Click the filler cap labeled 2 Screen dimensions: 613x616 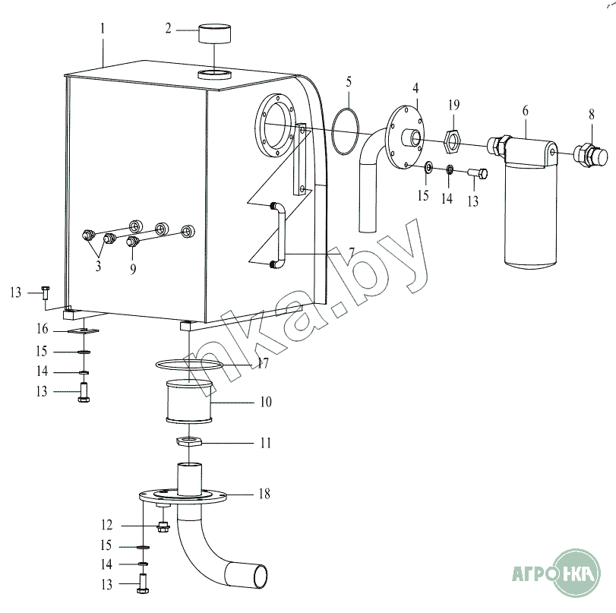[x=216, y=35]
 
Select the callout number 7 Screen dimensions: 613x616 [x=331, y=251]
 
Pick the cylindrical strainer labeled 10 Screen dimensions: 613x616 [x=185, y=403]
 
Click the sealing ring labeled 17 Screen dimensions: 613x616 [x=191, y=367]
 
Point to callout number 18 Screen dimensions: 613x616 [x=264, y=494]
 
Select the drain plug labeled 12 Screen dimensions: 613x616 [x=163, y=525]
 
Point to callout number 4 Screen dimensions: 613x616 [x=417, y=88]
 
